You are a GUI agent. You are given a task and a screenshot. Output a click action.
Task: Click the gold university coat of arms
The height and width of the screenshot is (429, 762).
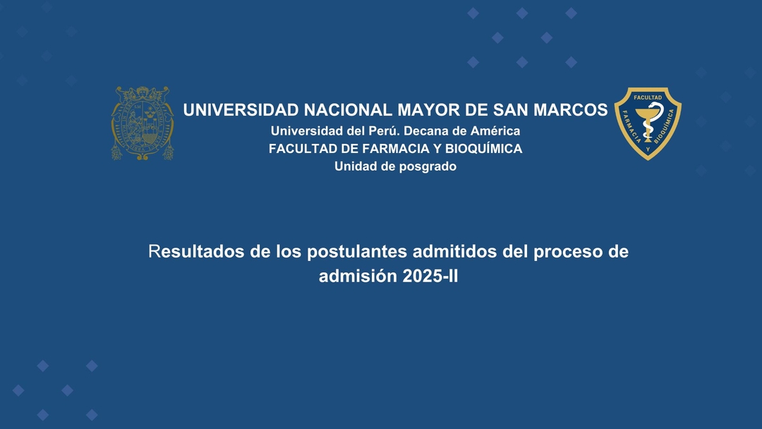point(143,123)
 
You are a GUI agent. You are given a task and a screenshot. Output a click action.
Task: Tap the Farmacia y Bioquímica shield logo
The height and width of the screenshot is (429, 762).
point(648,123)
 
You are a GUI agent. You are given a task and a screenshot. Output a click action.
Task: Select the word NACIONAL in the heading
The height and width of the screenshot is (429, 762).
point(348,110)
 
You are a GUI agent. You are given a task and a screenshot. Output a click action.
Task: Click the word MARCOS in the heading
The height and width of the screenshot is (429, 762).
point(571,110)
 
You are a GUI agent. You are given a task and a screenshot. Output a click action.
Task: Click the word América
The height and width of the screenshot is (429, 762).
point(495,131)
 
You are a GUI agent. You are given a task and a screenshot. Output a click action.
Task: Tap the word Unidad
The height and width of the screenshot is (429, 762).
point(349,166)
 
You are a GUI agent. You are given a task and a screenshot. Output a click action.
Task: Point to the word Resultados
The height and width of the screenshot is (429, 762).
point(196,252)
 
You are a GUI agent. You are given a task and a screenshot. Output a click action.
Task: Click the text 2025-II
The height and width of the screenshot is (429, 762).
point(430,276)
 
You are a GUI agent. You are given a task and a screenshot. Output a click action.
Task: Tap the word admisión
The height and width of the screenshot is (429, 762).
point(358,276)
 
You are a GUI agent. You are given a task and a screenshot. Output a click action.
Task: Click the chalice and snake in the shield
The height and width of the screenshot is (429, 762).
point(648,122)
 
